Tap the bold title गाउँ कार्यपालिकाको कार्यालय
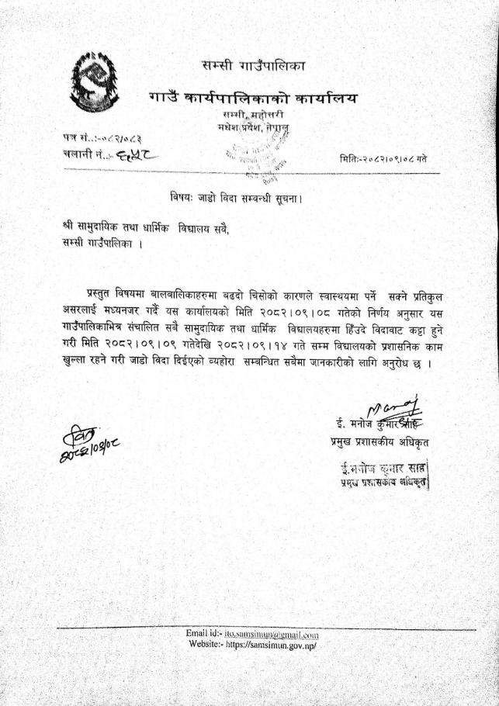(254, 99)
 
